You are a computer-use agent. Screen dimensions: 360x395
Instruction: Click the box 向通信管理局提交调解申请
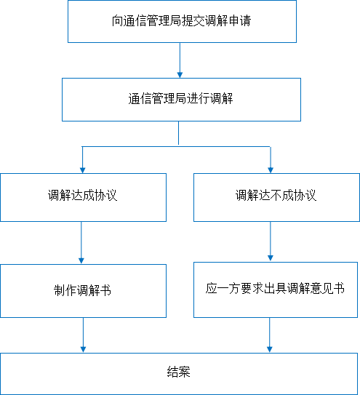pos(182,21)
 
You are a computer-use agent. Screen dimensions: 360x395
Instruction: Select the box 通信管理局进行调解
pos(181,100)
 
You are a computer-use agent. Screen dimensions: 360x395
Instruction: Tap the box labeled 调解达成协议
pos(83,198)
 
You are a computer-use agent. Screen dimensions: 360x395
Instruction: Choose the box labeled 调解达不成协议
pos(276,198)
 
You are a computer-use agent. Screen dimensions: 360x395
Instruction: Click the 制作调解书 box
pos(83,291)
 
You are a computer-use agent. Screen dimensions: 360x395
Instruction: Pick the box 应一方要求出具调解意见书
pos(276,290)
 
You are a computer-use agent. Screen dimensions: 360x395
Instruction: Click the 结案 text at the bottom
pos(178,372)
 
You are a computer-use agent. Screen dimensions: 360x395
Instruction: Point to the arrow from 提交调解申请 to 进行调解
pos(180,60)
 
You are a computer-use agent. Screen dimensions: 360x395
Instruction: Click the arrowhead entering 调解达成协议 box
pos(82,170)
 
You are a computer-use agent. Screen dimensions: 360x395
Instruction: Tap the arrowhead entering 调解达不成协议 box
pos(271,170)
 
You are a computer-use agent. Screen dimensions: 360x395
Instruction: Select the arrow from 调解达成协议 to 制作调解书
pos(81,243)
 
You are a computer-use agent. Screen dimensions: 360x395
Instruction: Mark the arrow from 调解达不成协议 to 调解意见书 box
pos(271,242)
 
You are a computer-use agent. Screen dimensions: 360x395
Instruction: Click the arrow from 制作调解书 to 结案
pos(83,335)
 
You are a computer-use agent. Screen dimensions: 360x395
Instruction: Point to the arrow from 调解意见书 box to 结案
pos(270,335)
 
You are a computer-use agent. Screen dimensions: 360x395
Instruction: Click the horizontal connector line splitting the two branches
pos(176,146)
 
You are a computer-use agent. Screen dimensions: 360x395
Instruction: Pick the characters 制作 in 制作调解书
pos(65,290)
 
